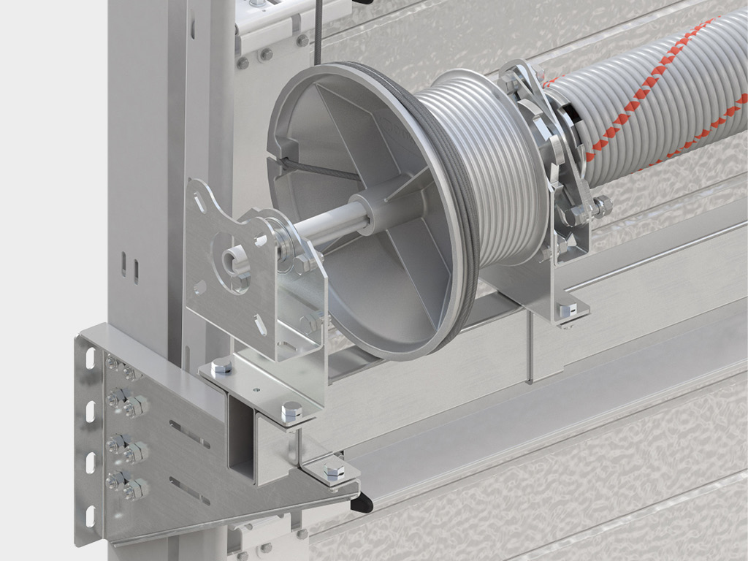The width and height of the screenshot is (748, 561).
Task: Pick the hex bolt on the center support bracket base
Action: click(569, 310)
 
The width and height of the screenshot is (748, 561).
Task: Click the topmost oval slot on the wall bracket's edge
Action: click(91, 358)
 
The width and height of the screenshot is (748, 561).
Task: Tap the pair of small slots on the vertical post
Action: click(129, 268)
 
